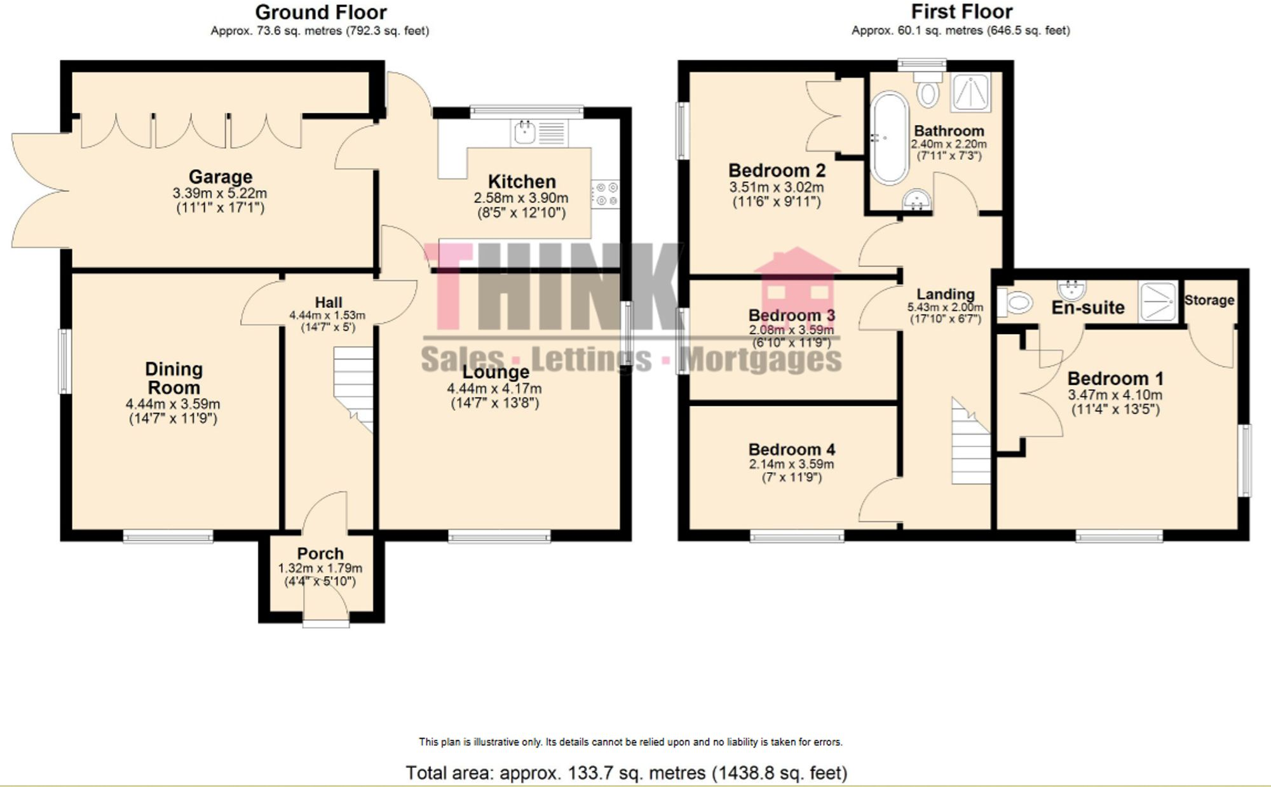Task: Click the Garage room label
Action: (x=221, y=177)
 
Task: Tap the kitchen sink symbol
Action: (x=525, y=133)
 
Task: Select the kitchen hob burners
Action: (x=605, y=194)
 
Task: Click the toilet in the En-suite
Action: (x=1016, y=302)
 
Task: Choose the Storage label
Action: (x=1209, y=300)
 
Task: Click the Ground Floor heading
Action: (x=320, y=12)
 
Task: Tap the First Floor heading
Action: (x=961, y=11)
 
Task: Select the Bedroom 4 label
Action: (x=791, y=449)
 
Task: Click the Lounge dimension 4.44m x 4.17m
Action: (x=494, y=389)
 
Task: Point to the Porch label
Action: (x=320, y=553)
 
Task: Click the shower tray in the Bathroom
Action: (x=970, y=92)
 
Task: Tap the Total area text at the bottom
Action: (x=626, y=772)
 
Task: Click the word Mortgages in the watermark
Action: (x=760, y=360)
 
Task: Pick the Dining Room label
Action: (x=173, y=378)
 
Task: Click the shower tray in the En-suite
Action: (x=1157, y=300)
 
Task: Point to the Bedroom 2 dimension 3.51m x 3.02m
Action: (x=776, y=187)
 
